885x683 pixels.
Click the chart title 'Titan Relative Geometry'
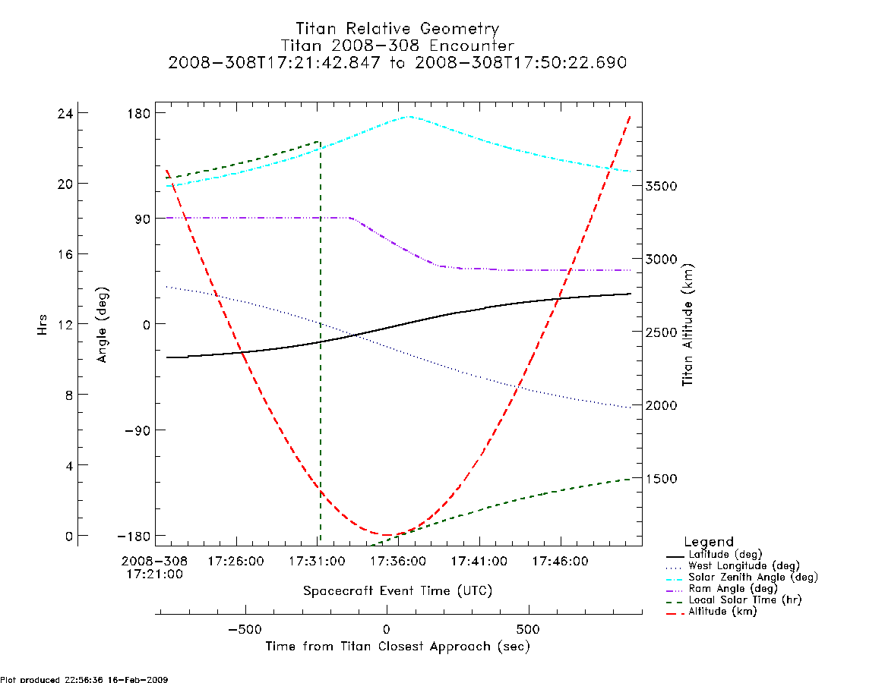[x=397, y=28]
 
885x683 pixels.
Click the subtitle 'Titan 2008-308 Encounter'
[x=397, y=45]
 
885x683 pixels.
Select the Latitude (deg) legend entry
[x=715, y=555]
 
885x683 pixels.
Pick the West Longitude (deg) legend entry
[x=733, y=566]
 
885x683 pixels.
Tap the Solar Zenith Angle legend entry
[x=742, y=578]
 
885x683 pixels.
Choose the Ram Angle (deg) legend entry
[x=722, y=589]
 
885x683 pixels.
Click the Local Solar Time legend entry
[x=734, y=600]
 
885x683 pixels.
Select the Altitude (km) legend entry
[x=712, y=612]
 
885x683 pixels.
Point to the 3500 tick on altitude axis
[x=662, y=186]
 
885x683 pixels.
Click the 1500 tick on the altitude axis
[x=662, y=479]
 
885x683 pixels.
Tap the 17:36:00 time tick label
[x=398, y=562]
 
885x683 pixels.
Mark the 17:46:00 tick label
[x=561, y=562]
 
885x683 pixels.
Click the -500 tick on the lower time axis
[x=245, y=629]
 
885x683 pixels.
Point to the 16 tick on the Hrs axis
[x=65, y=254]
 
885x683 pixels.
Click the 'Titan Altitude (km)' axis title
[x=688, y=326]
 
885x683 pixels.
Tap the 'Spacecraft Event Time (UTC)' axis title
[x=398, y=591]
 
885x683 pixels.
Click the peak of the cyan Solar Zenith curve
[x=409, y=117]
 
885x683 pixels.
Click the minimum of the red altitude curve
[x=387, y=535]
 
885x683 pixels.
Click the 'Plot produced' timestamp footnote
[x=84, y=680]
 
